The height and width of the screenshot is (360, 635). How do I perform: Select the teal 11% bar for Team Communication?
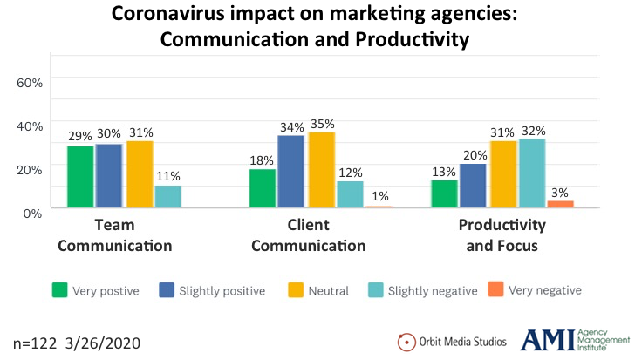pyautogui.click(x=167, y=196)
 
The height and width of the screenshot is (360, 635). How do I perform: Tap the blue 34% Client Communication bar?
pyautogui.click(x=290, y=172)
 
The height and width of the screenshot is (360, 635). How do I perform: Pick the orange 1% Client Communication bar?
pyautogui.click(x=378, y=207)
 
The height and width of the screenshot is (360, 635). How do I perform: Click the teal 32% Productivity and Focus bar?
pyautogui.click(x=531, y=173)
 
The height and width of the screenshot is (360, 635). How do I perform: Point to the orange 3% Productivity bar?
pyautogui.click(x=560, y=204)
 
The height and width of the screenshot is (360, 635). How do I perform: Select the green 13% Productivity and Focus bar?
pyautogui.click(x=444, y=194)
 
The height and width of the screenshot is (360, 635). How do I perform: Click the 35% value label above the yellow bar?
pyautogui.click(x=320, y=124)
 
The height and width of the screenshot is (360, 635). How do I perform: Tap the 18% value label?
pyautogui.click(x=262, y=160)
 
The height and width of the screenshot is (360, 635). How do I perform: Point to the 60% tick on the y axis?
pyautogui.click(x=30, y=82)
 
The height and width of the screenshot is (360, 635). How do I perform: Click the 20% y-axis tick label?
pyautogui.click(x=30, y=169)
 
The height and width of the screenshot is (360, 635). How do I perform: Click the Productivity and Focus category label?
pyautogui.click(x=502, y=235)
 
